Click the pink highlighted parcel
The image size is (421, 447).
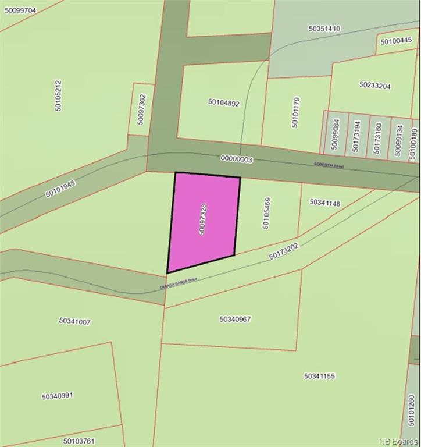point(204,221)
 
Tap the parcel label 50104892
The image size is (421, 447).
point(224,102)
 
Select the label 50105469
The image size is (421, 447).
point(267,213)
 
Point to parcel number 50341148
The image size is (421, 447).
point(325,203)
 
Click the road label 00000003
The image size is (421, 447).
point(236,158)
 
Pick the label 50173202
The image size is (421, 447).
point(284,251)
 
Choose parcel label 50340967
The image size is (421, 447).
point(236,319)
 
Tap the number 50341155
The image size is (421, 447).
point(319,376)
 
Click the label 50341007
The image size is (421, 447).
point(75,321)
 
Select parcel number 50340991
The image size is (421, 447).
point(58,396)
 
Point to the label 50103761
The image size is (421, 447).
point(79,441)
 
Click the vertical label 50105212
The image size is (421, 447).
point(58,96)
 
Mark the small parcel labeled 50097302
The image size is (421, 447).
point(141,109)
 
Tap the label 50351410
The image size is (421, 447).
point(324,28)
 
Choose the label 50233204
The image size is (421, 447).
point(375,86)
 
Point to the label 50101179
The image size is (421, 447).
point(295,112)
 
